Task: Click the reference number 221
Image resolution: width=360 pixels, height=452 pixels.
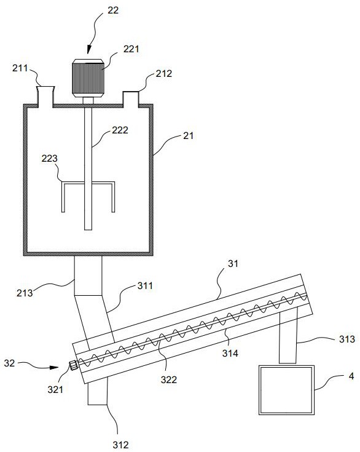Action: coord(131,49)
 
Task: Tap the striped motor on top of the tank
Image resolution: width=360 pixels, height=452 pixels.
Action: coord(88,78)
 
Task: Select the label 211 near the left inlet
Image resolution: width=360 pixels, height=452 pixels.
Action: coord(20,68)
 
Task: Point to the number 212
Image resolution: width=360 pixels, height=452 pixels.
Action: coord(164,74)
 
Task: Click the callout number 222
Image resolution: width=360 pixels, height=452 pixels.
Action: coord(120,130)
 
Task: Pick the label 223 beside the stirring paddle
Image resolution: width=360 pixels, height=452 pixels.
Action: coord(50,158)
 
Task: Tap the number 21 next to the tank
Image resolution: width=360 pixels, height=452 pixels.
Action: coord(189,135)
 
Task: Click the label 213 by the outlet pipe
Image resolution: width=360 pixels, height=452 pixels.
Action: coord(25,293)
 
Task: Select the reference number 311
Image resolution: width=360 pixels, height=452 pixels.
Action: coord(145,286)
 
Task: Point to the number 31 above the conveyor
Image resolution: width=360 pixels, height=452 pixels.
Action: coord(233,263)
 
